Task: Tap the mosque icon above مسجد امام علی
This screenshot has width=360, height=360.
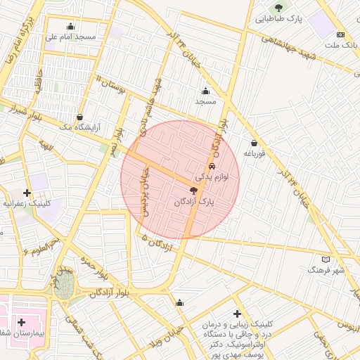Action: coord(70,27)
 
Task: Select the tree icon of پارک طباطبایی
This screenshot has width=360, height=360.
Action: coord(279,8)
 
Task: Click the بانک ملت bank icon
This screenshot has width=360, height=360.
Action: coord(341,35)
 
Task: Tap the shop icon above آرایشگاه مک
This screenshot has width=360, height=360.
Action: coord(79,117)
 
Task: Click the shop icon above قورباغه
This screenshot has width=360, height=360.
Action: coord(253,143)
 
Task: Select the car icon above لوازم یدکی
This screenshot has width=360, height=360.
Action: coord(212,167)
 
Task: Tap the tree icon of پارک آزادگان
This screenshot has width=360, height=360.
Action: coord(194,191)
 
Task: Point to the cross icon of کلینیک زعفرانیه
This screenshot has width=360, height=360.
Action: coord(27,192)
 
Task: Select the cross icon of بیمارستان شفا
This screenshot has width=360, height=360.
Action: coord(22,321)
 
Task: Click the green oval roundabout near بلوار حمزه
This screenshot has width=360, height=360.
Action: coord(65,284)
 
